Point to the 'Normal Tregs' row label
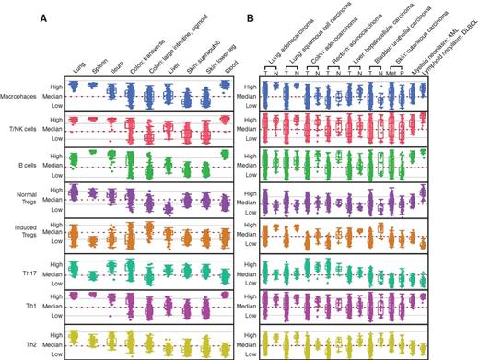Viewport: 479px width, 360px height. point(35,198)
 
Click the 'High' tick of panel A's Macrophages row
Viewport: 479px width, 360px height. point(62,85)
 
